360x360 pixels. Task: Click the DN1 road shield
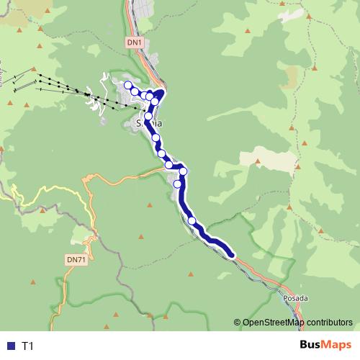click(x=135, y=42)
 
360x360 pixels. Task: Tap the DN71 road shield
click(x=76, y=259)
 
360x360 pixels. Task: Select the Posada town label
click(x=295, y=297)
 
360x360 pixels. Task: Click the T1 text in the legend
click(x=27, y=346)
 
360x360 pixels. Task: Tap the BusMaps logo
click(x=320, y=346)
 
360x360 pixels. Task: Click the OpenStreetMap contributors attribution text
click(x=297, y=323)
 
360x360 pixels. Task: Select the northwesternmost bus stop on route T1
click(x=128, y=86)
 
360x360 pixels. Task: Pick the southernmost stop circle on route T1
click(x=192, y=220)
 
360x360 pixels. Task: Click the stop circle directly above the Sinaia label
click(x=148, y=116)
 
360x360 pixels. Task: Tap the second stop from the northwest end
click(x=135, y=91)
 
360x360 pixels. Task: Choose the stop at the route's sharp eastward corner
click(x=184, y=171)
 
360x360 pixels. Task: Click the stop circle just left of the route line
click(x=177, y=184)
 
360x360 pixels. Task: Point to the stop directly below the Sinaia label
click(x=156, y=138)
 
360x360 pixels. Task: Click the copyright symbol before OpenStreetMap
click(x=237, y=323)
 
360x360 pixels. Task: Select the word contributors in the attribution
click(x=329, y=323)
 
